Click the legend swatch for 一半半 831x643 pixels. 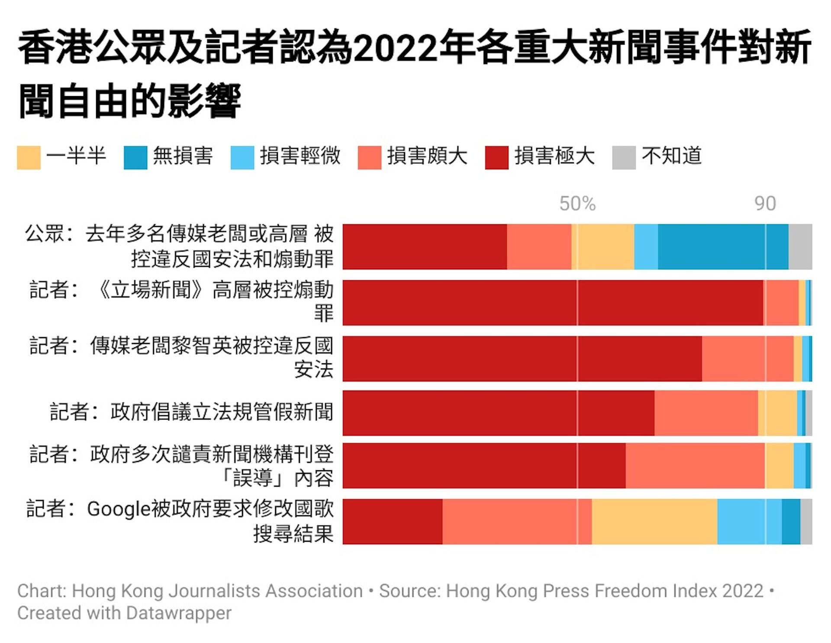[29, 158]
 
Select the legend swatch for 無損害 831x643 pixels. [135, 158]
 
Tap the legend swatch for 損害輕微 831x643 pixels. [242, 158]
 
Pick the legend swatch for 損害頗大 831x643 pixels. [370, 158]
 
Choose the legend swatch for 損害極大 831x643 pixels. [497, 158]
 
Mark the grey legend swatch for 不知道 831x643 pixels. [624, 158]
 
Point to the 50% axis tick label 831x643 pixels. [577, 204]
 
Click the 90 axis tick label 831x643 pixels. [765, 204]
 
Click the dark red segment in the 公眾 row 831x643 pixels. [424, 247]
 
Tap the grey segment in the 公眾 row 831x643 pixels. [800, 247]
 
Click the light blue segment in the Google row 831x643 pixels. [749, 521]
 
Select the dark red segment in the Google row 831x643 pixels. [392, 521]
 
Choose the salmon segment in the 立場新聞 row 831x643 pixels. [781, 303]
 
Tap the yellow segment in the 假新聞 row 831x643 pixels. [777, 413]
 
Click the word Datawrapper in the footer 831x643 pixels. [179, 613]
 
